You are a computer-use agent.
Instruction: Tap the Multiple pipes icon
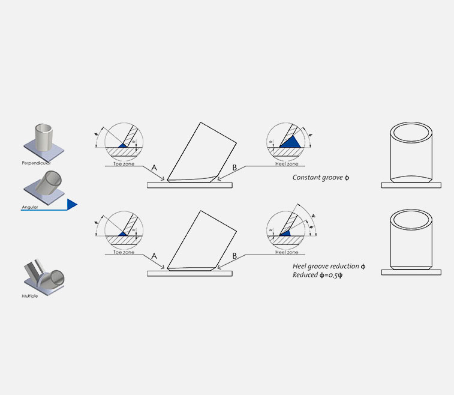point(45,276)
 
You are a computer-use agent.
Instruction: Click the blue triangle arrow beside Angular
point(72,205)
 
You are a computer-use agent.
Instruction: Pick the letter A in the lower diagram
point(155,256)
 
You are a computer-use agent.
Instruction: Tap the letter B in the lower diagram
point(234,256)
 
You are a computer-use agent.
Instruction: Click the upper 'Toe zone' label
point(124,163)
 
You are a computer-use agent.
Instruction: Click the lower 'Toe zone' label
point(124,252)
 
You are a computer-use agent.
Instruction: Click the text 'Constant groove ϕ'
point(320,178)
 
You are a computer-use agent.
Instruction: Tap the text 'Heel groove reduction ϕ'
point(329,265)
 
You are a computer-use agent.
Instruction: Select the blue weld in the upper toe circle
point(124,145)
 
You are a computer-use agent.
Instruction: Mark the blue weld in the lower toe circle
point(124,233)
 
